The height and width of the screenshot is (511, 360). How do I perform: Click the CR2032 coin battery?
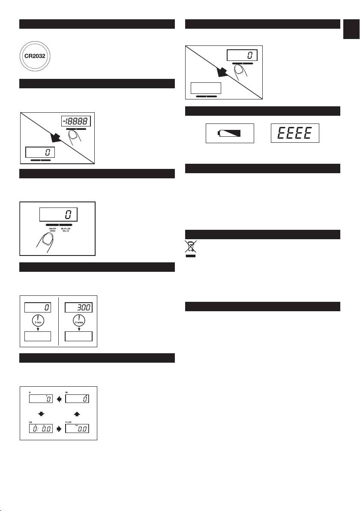click(x=37, y=55)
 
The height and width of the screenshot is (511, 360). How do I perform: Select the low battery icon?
click(x=230, y=133)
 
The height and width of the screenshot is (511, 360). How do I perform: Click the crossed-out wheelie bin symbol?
click(x=190, y=248)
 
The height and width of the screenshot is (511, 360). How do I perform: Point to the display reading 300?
click(x=79, y=307)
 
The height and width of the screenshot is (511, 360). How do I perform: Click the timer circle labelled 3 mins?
click(x=79, y=321)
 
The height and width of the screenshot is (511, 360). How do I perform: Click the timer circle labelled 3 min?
click(x=37, y=321)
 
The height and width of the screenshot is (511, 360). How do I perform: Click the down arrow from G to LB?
click(x=41, y=414)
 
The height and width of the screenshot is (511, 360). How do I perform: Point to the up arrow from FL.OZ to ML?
click(x=77, y=414)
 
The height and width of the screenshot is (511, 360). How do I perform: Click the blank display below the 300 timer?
click(x=79, y=336)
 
